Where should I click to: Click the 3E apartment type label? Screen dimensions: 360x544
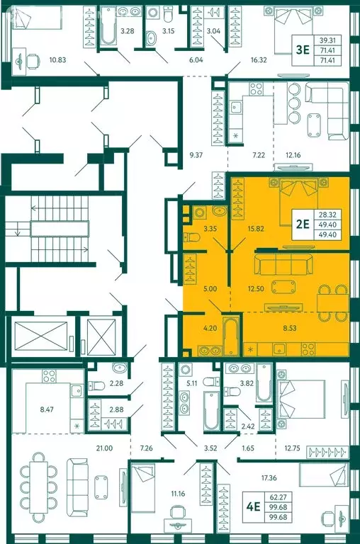coord(302,50)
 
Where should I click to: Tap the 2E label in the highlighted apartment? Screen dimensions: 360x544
coord(302,224)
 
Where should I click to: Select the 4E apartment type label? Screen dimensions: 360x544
coord(253,507)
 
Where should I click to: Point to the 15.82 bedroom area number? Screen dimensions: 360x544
coord(257,229)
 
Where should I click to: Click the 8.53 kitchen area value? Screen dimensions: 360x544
coord(290,327)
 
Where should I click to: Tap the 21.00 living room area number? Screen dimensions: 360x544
coord(104,448)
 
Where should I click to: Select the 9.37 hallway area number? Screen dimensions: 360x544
coord(196,155)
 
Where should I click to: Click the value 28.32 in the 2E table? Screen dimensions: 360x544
coord(327,215)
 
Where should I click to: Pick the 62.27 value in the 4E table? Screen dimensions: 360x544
coord(279,497)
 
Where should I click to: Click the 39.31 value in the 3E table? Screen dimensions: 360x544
coord(327,40)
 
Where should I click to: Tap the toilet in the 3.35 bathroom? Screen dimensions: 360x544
coord(191,238)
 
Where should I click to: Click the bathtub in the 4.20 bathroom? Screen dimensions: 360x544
coord(230,336)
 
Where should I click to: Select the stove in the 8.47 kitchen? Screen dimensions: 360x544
coord(50,375)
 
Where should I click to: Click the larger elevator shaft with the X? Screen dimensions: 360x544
coord(41,336)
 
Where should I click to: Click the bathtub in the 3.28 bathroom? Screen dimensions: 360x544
coord(108,25)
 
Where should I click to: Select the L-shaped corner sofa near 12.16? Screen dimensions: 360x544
coord(328,110)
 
